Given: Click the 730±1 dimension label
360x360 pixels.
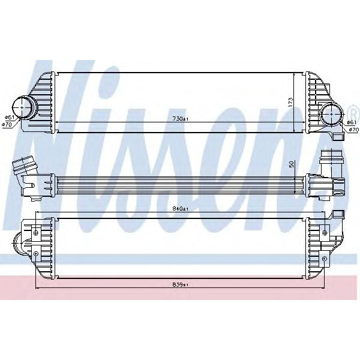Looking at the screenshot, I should pyautogui.click(x=180, y=119).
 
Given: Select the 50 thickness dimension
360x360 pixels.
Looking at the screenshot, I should pyautogui.click(x=291, y=163).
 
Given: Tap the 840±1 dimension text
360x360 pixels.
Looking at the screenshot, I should pyautogui.click(x=180, y=209).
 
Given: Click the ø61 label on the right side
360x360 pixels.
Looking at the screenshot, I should pyautogui.click(x=352, y=122).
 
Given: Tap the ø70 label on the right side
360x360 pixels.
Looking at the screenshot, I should pyautogui.click(x=353, y=130).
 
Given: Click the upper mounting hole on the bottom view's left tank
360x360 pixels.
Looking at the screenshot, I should pyautogui.click(x=36, y=231).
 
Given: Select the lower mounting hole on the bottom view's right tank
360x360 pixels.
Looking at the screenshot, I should pyautogui.click(x=325, y=259).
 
